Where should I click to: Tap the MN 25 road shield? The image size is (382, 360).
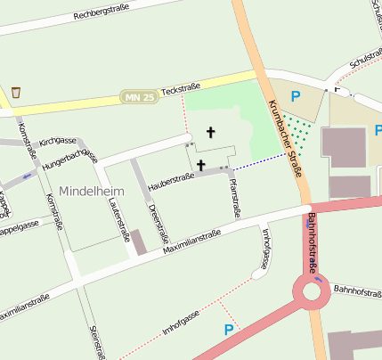click(138, 95)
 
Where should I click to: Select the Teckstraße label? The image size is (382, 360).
click(182, 89)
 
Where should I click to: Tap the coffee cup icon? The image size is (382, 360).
click(16, 92)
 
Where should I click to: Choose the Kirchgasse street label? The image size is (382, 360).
click(58, 141)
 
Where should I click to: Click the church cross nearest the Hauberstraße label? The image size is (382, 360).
click(201, 165)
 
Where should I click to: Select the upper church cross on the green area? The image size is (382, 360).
click(211, 133)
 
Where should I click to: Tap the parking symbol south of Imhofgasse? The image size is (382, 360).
click(229, 331)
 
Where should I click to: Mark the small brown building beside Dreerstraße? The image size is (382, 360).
click(139, 241)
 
